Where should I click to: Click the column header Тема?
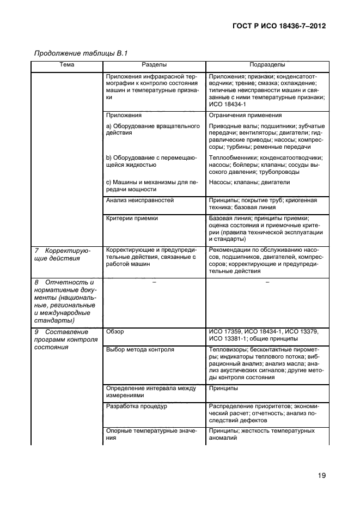coord(66,65)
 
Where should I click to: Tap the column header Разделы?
coord(154,65)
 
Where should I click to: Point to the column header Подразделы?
coord(267,65)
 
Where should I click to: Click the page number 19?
coord(321,476)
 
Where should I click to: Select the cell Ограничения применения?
coord(245,116)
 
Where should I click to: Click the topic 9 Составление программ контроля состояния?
coord(65,339)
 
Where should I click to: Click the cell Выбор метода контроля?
coord(140,349)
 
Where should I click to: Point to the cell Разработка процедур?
coord(137,406)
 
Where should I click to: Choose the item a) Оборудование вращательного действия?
coord(153,130)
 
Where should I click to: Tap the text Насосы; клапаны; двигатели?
coord(249,182)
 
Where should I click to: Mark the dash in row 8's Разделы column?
coord(154,282)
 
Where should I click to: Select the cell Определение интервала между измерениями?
coord(151,392)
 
